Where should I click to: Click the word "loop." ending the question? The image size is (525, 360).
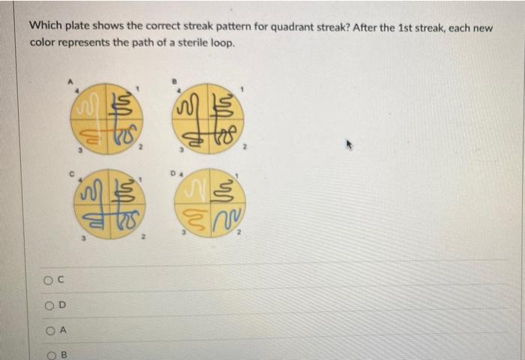(x=221, y=43)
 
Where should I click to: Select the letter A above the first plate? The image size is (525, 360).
(x=72, y=78)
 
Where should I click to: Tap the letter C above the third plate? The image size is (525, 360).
(x=73, y=172)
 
